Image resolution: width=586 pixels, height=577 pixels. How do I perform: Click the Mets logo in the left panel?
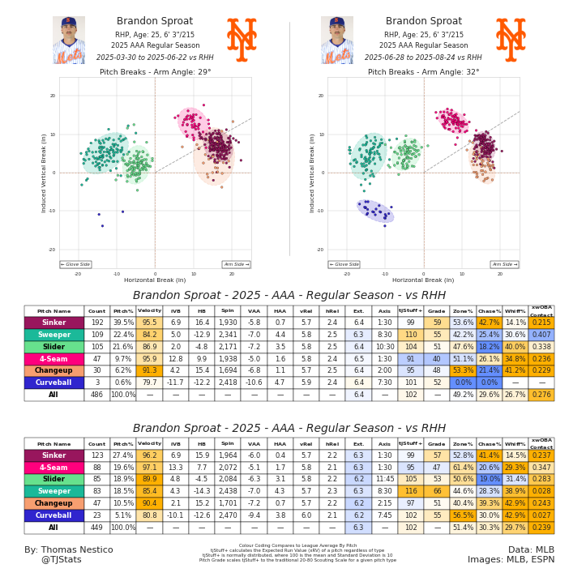click(242, 39)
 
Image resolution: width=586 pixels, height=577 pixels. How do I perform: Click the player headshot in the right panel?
click(336, 40)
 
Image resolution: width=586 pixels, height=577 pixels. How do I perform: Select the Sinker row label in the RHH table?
click(53, 323)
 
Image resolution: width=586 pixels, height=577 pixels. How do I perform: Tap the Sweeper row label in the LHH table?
click(53, 491)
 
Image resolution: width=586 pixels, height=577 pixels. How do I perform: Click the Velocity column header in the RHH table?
click(149, 311)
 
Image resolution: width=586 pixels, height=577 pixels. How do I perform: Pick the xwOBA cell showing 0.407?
click(541, 335)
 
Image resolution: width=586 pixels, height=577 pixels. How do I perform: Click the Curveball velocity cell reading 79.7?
click(149, 383)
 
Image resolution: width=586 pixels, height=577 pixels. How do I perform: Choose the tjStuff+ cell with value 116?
click(411, 491)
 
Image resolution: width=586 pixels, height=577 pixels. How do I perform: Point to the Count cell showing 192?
click(97, 323)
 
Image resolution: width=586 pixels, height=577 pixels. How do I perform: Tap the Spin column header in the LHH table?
click(228, 443)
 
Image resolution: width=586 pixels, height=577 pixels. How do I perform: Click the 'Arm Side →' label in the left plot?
click(236, 264)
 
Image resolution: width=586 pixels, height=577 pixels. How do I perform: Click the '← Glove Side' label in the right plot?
click(344, 264)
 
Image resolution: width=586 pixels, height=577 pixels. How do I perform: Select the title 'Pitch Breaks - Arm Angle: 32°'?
click(423, 72)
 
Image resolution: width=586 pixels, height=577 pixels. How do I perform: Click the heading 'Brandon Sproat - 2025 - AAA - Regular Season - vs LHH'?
click(289, 428)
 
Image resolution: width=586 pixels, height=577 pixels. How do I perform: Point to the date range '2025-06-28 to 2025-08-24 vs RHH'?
click(423, 58)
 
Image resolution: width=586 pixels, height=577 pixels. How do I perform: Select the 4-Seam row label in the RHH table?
click(53, 359)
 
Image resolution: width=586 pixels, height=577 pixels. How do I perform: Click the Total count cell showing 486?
click(97, 395)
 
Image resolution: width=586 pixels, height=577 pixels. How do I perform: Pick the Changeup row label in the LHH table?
click(53, 503)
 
